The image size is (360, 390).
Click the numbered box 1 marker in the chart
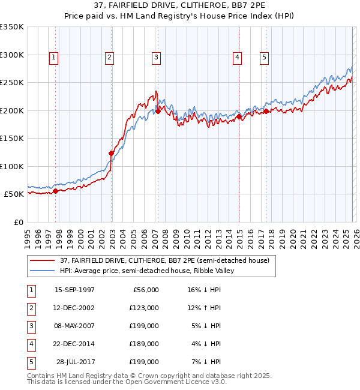(x=54, y=58)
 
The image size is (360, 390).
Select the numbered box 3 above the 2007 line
(x=156, y=58)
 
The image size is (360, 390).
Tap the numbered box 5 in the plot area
(x=265, y=58)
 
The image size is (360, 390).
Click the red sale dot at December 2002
(x=111, y=153)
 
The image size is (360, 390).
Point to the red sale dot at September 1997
(x=56, y=191)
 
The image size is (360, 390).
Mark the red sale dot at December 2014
(x=239, y=117)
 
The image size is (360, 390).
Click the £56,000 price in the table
(x=144, y=290)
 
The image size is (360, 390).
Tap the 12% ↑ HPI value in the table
(x=203, y=308)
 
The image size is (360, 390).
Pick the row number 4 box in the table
(x=30, y=344)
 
